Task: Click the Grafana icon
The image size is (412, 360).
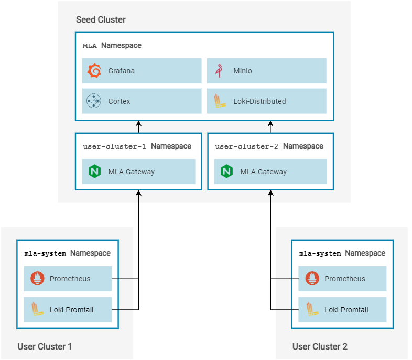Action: click(x=94, y=71)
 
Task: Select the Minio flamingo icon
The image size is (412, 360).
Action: click(x=220, y=71)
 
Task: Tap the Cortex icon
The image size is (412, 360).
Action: click(x=94, y=101)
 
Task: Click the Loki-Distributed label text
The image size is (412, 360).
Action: click(x=259, y=101)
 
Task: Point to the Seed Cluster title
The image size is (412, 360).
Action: click(x=101, y=20)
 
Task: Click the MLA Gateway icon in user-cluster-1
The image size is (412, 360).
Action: click(x=95, y=172)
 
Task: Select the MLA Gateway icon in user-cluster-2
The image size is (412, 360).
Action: click(x=227, y=172)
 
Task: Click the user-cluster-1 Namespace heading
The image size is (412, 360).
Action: click(x=137, y=146)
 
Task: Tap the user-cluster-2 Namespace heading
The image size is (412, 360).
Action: click(x=269, y=146)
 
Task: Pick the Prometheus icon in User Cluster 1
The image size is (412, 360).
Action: click(x=37, y=279)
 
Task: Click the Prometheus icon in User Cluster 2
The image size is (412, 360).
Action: click(x=312, y=279)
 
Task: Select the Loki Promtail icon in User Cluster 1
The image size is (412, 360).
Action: click(x=37, y=310)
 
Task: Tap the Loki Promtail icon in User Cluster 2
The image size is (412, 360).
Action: click(x=312, y=310)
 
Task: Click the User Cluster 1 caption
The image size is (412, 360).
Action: click(x=45, y=346)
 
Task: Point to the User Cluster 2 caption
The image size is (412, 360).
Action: click(x=320, y=346)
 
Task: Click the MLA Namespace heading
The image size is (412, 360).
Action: click(x=112, y=46)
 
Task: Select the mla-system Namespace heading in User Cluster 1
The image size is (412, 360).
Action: click(x=68, y=253)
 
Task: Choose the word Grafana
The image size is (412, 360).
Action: click(x=122, y=71)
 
